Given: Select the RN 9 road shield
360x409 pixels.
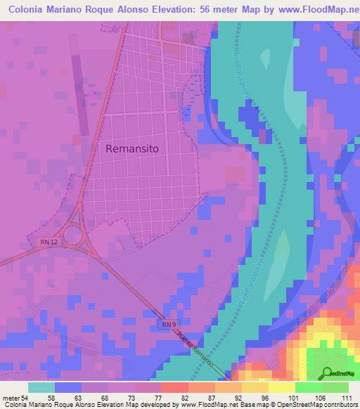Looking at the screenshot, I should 166,324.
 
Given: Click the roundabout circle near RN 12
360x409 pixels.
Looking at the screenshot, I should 73,234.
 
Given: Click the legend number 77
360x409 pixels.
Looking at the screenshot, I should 161,398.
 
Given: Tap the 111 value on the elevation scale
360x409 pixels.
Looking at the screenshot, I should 347,398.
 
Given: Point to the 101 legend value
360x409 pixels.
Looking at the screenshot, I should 293,398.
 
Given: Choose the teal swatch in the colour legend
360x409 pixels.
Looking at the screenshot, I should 41,387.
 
